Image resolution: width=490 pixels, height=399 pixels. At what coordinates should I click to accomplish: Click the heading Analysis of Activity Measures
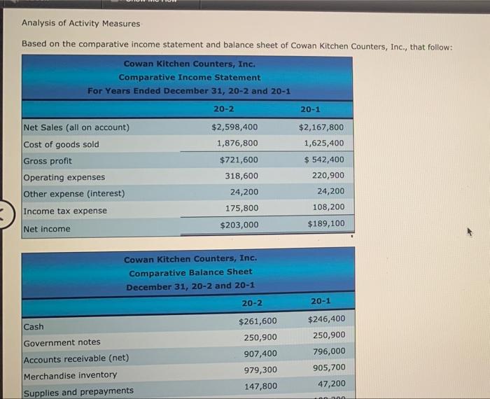[80, 23]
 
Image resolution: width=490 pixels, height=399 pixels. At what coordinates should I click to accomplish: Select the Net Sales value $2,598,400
[234, 127]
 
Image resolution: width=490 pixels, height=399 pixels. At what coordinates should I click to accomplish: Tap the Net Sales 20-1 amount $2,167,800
[321, 127]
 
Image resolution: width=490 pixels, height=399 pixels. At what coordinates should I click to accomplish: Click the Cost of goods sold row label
[62, 144]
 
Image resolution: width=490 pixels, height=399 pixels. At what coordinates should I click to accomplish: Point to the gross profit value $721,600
[239, 160]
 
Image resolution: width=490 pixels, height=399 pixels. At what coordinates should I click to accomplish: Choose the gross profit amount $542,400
[324, 160]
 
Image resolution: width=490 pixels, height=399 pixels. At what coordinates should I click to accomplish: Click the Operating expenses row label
[64, 177]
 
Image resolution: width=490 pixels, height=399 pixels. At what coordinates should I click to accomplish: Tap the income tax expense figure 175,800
[241, 208]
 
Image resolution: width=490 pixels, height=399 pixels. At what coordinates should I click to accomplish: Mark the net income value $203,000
[239, 225]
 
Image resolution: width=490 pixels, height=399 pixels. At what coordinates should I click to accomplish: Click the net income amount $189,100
[326, 224]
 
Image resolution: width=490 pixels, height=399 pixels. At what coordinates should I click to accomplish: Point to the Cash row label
[34, 327]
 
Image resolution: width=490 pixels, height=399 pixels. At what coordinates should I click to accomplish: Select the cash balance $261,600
[258, 321]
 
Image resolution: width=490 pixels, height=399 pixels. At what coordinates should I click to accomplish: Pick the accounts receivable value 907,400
[260, 353]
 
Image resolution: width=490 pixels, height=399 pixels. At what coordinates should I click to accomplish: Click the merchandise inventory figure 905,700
[328, 367]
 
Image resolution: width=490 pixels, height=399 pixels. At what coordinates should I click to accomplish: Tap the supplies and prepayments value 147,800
[260, 386]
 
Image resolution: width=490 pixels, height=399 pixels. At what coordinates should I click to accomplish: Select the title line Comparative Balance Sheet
[190, 272]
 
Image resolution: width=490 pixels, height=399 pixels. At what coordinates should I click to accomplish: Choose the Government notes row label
[62, 342]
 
